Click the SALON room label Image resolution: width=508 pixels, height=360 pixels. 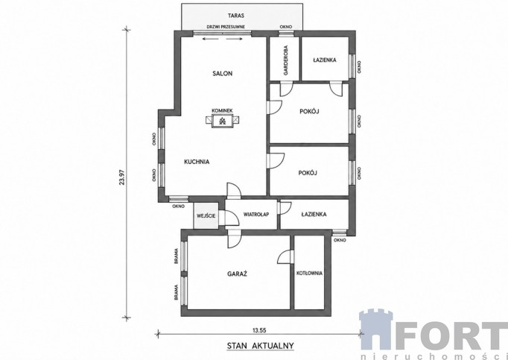(x=222, y=73)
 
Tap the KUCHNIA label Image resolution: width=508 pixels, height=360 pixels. (x=197, y=162)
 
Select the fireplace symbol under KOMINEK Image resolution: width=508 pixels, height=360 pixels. (x=222, y=121)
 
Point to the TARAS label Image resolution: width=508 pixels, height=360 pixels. (x=236, y=15)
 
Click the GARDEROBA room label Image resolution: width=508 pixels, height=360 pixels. (x=286, y=60)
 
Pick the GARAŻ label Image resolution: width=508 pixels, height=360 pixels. (x=237, y=274)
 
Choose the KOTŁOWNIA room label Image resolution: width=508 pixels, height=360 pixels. (x=309, y=273)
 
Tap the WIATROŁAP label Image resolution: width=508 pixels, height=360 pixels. (x=256, y=214)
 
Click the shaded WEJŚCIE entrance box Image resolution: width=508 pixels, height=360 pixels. (x=206, y=215)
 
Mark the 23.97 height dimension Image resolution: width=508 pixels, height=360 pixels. (x=122, y=177)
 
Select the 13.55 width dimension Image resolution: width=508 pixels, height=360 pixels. (x=259, y=330)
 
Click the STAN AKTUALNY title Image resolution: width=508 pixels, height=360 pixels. (x=260, y=345)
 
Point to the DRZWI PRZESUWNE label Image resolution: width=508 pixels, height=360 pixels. (x=226, y=27)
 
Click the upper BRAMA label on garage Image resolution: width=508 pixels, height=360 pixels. (x=177, y=256)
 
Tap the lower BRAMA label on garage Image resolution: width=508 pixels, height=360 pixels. (x=177, y=292)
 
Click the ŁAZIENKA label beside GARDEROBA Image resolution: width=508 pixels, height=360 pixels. (x=325, y=60)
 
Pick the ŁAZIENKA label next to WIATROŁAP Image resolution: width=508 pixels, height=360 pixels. (x=314, y=214)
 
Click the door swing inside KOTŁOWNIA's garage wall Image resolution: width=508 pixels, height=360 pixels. (x=285, y=256)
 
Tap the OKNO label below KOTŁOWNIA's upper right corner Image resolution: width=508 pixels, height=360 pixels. (x=340, y=240)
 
